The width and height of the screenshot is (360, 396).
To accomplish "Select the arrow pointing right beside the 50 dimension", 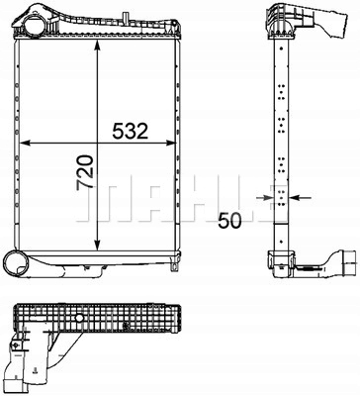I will click(x=266, y=197).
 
